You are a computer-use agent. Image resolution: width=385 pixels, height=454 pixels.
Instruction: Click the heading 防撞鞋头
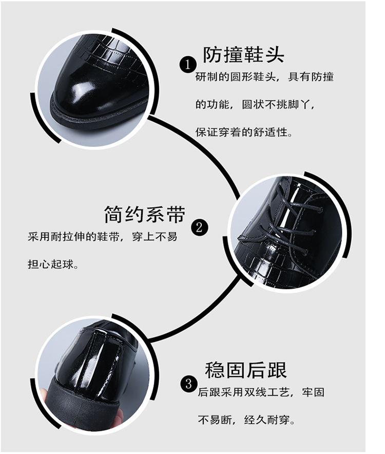pyautogui.click(x=243, y=54)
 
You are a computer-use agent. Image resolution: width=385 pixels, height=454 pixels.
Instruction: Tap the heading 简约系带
pyautogui.click(x=144, y=214)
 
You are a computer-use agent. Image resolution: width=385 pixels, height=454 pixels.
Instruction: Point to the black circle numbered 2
pyautogui.click(x=200, y=228)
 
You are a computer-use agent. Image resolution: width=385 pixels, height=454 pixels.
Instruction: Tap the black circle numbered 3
pyautogui.click(x=189, y=384)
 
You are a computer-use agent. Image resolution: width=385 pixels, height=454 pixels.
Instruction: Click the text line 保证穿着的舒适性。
pyautogui.click(x=244, y=132)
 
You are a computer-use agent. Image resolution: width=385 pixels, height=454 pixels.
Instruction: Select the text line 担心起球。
pyautogui.click(x=53, y=264)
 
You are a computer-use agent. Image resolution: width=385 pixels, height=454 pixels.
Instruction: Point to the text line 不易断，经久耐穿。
pyautogui.click(x=246, y=419)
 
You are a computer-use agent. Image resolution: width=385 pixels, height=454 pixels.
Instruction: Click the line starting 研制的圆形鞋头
pyautogui.click(x=264, y=77)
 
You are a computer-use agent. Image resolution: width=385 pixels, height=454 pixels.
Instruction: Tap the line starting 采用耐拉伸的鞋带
pyautogui.click(x=103, y=237)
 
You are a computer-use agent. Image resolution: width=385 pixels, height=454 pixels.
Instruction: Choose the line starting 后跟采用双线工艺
pyautogui.click(x=261, y=392)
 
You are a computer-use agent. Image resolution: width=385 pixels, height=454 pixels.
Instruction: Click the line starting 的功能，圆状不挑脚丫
pyautogui.click(x=255, y=105)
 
